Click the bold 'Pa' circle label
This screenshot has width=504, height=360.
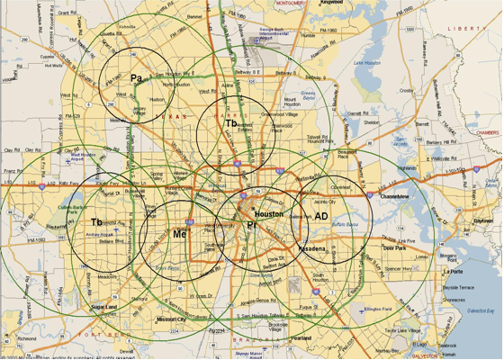pyautogui.click(x=136, y=78)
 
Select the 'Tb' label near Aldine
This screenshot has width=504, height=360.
pyautogui.click(x=231, y=123)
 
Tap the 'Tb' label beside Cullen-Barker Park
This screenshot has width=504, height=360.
pyautogui.click(x=96, y=221)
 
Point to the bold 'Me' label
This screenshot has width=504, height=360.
pyautogui.click(x=179, y=234)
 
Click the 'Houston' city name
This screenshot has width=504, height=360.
pyautogui.click(x=268, y=215)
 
